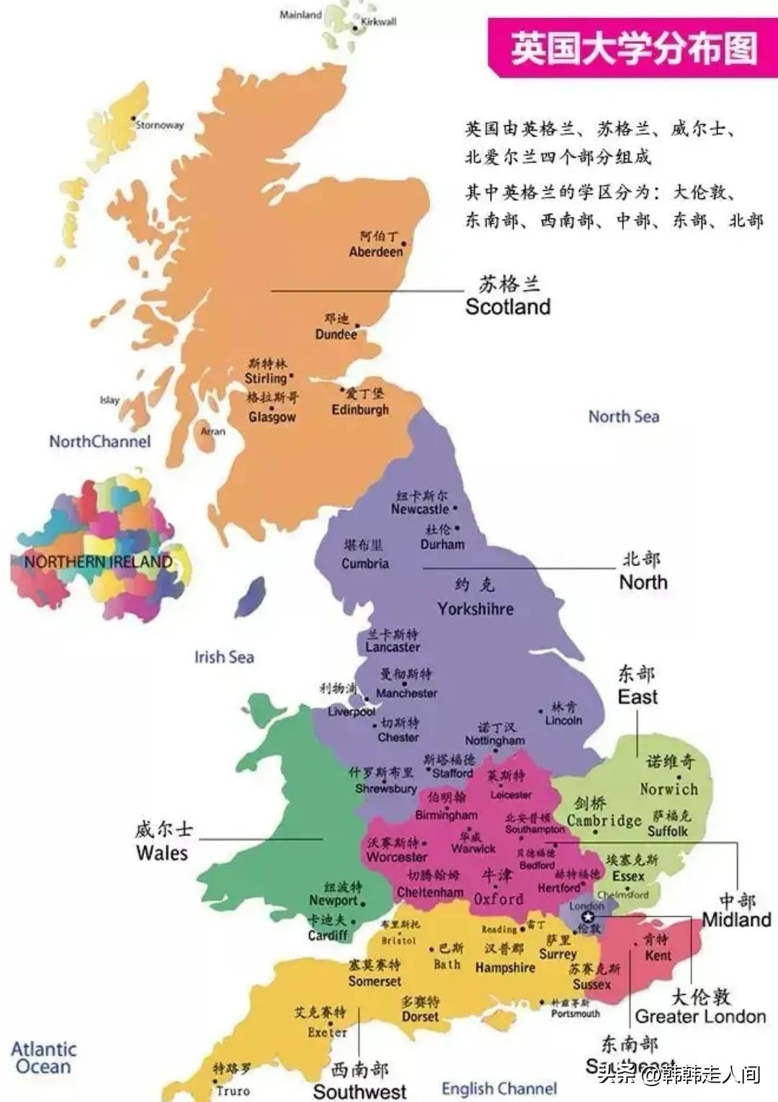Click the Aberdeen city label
point(376,252)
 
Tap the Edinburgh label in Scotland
point(360,410)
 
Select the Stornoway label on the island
point(160,125)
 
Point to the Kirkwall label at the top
point(378,22)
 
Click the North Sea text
point(623,416)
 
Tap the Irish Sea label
point(224,657)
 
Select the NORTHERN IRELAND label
point(99,563)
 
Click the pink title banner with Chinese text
point(633,48)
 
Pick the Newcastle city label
point(420,509)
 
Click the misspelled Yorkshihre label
point(475,609)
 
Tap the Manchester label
point(406,694)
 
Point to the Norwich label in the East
point(669,789)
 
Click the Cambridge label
point(604,821)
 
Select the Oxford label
point(498,900)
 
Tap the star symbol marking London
point(589,917)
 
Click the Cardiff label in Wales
point(328,936)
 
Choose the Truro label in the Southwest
point(233,1090)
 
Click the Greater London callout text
point(700,1017)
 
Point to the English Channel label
point(499,1089)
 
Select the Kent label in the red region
point(658,956)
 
